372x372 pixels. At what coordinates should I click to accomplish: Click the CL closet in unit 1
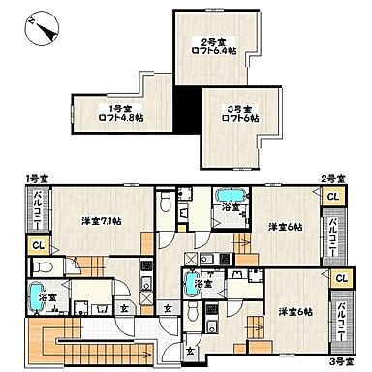tap(37, 245)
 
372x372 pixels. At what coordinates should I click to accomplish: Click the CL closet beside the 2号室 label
tap(332, 198)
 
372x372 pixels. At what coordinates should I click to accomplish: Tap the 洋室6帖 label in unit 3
tap(294, 311)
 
